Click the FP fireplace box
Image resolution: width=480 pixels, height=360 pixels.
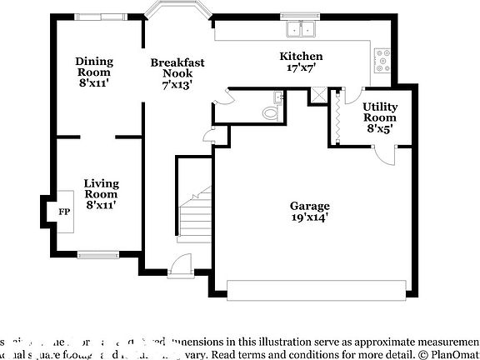pos(64,212)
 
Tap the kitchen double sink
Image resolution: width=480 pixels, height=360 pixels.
pos(301,30)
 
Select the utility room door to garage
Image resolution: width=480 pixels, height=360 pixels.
pos(385,155)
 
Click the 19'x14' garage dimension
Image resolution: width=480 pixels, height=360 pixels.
pos(309,217)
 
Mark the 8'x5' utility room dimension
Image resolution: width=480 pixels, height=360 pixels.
pos(379,129)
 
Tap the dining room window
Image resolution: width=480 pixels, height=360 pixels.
pos(101,16)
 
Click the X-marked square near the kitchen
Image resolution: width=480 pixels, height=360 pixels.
pos(317,95)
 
